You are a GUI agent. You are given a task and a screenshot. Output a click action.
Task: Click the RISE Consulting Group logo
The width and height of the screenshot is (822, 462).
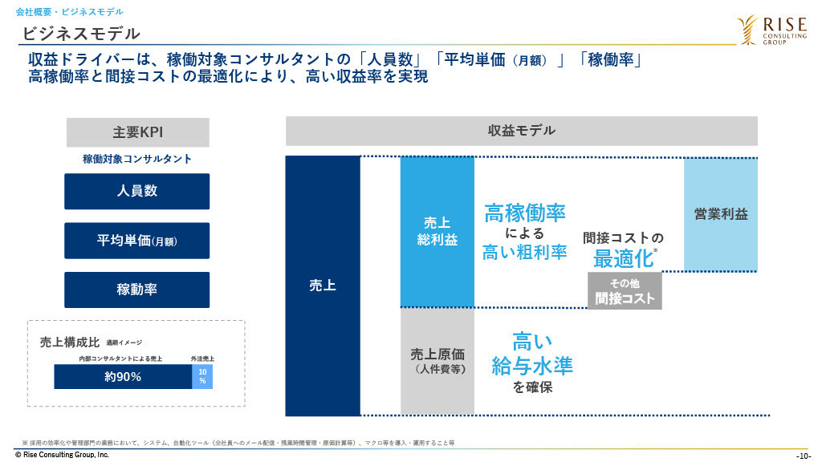point(771,30)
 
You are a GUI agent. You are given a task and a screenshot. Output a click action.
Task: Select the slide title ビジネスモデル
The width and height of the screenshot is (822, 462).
point(81,34)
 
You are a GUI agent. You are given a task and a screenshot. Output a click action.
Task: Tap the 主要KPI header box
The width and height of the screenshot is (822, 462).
point(138,132)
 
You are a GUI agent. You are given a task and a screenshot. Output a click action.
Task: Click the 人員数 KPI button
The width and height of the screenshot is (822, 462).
point(136,191)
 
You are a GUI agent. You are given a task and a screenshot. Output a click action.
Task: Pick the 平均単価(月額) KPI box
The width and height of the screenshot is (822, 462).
point(136,241)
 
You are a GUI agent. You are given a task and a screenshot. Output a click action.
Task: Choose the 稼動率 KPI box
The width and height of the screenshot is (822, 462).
point(136,290)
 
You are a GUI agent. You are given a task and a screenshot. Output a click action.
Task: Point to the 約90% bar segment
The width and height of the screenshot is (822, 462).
point(123,377)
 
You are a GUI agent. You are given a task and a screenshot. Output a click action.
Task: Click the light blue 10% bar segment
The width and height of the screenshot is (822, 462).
point(202,377)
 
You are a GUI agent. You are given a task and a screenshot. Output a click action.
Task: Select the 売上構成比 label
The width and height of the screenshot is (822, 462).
point(70,342)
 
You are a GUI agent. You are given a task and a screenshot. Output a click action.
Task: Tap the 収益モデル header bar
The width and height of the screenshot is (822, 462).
point(522,131)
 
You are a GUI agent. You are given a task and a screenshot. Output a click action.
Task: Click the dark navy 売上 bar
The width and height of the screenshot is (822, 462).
point(323,286)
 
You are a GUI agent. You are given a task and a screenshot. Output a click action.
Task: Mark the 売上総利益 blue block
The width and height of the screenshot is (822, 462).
point(437,232)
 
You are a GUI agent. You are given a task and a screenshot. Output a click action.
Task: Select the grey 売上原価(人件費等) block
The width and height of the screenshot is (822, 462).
point(437,362)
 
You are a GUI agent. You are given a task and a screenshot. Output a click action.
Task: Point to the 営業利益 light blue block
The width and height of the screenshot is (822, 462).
point(721,214)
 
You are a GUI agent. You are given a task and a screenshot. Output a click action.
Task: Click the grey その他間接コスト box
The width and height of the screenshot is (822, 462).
point(625,290)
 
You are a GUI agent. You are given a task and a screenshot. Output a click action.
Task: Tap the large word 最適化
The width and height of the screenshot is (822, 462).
point(623,258)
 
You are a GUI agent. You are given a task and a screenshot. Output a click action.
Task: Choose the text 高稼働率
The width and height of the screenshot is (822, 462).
point(525,213)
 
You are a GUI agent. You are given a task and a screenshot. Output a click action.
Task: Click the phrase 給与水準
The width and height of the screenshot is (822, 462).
point(532,366)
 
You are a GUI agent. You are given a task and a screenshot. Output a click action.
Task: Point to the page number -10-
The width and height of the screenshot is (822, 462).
point(803,456)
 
